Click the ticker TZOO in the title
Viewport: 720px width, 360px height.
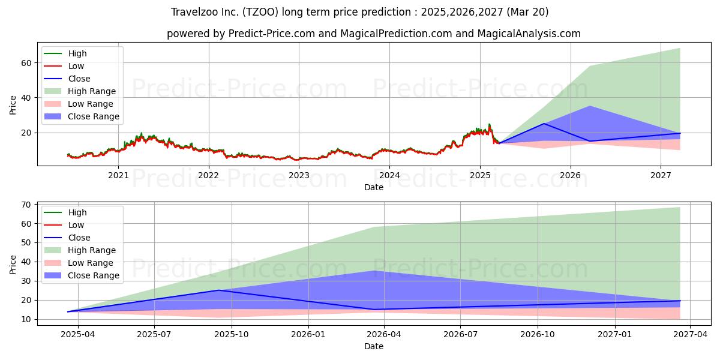pyautogui.click(x=260, y=12)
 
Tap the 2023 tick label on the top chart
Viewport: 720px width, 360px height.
pyautogui.click(x=299, y=175)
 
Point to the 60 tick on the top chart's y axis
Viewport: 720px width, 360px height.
pyautogui.click(x=26, y=63)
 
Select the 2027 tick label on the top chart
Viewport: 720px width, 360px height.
pyautogui.click(x=661, y=175)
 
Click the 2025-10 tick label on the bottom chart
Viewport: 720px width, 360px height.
pyautogui.click(x=232, y=335)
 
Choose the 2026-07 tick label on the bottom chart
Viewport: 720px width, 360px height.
pyautogui.click(x=460, y=335)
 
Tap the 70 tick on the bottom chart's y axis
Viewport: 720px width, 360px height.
pyautogui.click(x=26, y=205)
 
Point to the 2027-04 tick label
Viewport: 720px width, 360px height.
pyautogui.click(x=691, y=335)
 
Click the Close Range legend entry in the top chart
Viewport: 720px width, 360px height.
pyautogui.click(x=93, y=116)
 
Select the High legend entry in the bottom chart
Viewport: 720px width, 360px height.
pyautogui.click(x=77, y=212)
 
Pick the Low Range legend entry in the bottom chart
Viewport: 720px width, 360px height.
pyautogui.click(x=91, y=263)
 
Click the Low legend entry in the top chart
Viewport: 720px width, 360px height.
pyautogui.click(x=76, y=66)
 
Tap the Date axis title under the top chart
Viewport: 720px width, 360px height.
pyautogui.click(x=373, y=187)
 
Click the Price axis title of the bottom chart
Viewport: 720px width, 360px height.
pyautogui.click(x=13, y=265)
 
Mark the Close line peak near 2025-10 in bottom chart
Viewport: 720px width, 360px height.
pyautogui.click(x=219, y=290)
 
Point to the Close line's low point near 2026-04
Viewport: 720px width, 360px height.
pyautogui.click(x=373, y=310)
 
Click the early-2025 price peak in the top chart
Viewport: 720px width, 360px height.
pyautogui.click(x=489, y=124)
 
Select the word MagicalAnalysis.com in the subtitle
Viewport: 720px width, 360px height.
pyautogui.click(x=529, y=34)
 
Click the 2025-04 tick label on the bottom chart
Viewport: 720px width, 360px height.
pyautogui.click(x=78, y=335)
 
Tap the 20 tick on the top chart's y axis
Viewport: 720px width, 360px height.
pyautogui.click(x=26, y=133)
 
